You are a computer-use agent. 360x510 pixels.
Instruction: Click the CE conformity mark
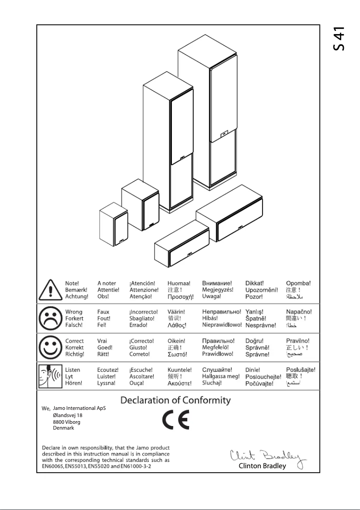[176, 420]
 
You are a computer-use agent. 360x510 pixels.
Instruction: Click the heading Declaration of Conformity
[176, 400]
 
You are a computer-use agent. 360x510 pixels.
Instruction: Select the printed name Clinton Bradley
[263, 466]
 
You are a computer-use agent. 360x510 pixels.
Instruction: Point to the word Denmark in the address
[63, 428]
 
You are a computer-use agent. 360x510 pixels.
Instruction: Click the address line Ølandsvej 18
[67, 415]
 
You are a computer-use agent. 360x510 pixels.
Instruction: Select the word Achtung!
[76, 297]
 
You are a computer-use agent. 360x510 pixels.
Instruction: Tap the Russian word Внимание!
[217, 284]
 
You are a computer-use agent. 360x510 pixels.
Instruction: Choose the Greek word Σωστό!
[179, 354]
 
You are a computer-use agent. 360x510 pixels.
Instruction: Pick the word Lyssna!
[106, 383]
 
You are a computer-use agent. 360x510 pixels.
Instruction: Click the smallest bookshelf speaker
[114, 224]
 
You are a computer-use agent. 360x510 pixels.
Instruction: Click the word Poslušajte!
[300, 370]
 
